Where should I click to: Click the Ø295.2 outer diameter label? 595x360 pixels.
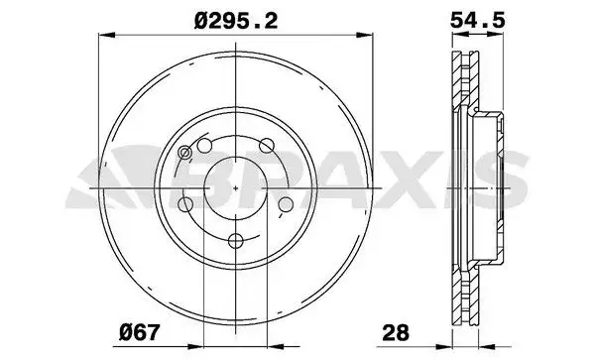point(236,21)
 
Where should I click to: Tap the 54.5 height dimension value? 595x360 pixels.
point(478,20)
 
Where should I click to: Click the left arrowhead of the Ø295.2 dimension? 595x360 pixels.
point(106,36)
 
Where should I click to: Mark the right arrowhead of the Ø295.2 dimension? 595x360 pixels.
point(365,36)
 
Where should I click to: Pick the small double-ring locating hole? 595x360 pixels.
point(184,153)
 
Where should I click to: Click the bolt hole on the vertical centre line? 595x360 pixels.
point(236,241)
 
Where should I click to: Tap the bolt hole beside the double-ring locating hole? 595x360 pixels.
point(205,146)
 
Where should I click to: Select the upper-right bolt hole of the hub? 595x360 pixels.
point(267,146)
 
